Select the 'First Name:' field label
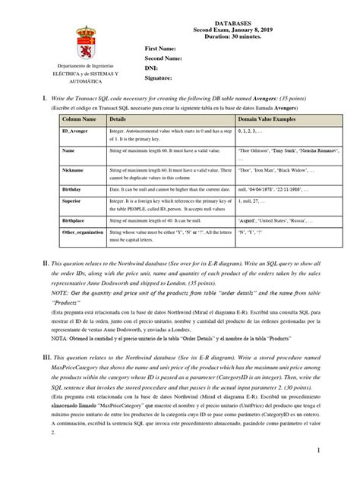point(160,48)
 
